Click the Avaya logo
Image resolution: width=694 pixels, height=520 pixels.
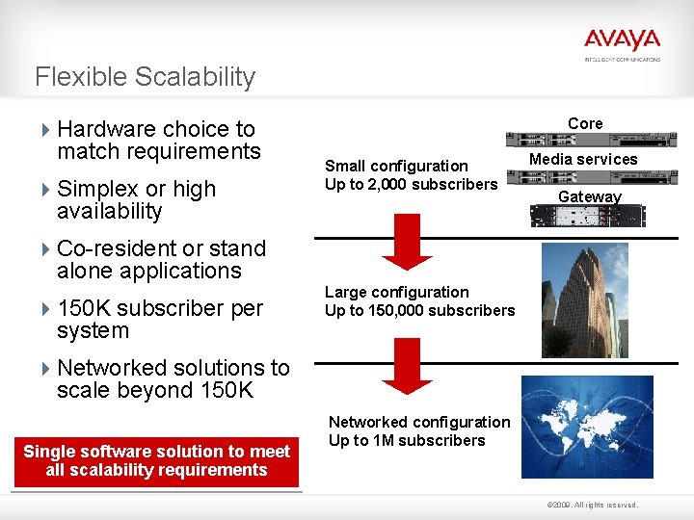pos(622,41)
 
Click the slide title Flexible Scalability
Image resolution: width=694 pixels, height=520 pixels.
pos(145,77)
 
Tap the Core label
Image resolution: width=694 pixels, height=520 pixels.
pos(585,123)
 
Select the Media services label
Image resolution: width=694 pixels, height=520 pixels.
pos(584,159)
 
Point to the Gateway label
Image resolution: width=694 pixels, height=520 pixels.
pos(590,196)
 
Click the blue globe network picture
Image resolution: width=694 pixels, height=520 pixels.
pos(586,427)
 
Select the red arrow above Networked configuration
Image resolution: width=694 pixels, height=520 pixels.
pos(409,365)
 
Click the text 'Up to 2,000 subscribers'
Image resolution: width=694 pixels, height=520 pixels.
pos(412,184)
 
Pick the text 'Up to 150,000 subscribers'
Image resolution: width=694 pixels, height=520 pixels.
pos(419,310)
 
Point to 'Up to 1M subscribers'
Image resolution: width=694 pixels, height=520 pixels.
pos(407,440)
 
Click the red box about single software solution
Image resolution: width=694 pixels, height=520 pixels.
pos(156,460)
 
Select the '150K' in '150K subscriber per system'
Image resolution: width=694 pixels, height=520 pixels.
pos(85,308)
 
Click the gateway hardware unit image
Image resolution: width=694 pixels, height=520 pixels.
pos(588,216)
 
